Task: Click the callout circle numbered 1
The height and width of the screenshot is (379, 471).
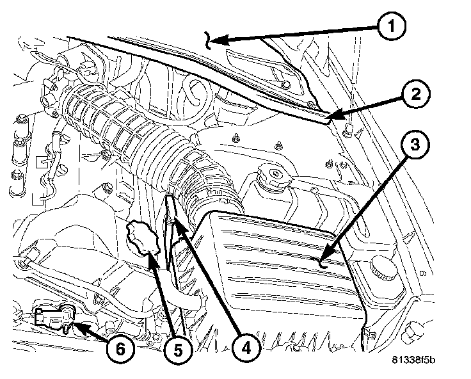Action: (x=391, y=26)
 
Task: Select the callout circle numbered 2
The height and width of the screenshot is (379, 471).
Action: (x=416, y=94)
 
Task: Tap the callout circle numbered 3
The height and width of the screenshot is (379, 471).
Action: (x=415, y=145)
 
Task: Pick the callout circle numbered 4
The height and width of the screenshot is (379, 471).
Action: (x=246, y=349)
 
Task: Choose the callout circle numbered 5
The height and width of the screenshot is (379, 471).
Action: (x=178, y=350)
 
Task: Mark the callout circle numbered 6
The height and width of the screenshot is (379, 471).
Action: (x=120, y=350)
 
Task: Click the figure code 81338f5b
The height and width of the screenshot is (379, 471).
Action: (x=413, y=360)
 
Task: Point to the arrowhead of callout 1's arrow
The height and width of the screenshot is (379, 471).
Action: (x=219, y=40)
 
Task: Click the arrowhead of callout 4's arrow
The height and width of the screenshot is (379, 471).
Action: (x=177, y=224)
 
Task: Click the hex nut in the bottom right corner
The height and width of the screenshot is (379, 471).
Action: (x=412, y=332)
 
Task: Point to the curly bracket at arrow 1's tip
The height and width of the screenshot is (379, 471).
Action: (x=207, y=40)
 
